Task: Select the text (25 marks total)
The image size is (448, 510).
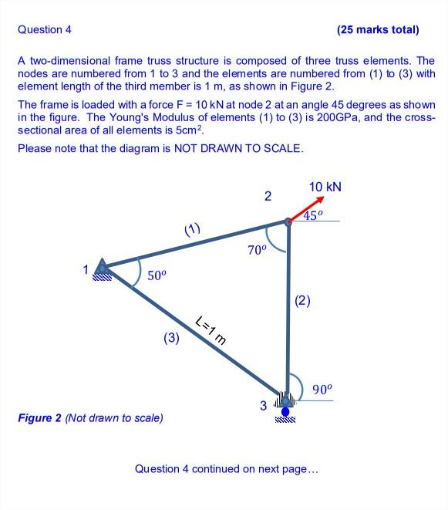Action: point(378,30)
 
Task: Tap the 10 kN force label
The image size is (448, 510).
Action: point(325,187)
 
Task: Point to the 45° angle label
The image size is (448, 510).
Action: point(312,216)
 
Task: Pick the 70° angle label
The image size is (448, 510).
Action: point(256,251)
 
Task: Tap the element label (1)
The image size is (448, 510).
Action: point(192,228)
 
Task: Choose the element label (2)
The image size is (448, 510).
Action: point(302,301)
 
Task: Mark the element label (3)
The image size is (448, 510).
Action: point(171,337)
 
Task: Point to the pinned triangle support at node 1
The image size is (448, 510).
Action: point(101,268)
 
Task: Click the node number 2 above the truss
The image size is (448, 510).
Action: point(268,196)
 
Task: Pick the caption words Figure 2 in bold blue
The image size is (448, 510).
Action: point(39,418)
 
